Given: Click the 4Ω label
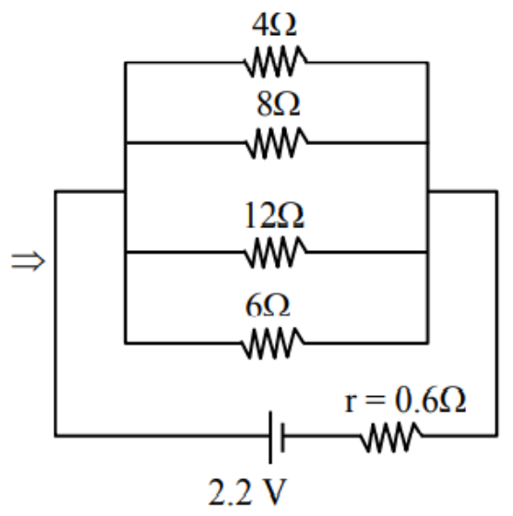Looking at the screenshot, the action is point(275,25).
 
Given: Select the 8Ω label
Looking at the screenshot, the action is point(279,104).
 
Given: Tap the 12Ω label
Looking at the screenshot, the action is point(274,216).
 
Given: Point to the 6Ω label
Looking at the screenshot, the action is point(268,306).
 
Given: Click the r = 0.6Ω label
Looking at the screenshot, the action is point(405,401).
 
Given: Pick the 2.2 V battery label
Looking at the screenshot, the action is point(248,492).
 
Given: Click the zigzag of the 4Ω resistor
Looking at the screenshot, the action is point(276,62).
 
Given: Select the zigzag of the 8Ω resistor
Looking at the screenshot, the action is point(277,143).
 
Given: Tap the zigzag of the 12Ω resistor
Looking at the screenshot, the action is point(276,252).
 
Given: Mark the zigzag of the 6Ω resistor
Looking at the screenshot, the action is point(272,343).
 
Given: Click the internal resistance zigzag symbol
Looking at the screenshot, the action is point(391,436).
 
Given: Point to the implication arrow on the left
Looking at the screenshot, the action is point(28,261).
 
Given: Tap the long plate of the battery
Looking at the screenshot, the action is point(270,438).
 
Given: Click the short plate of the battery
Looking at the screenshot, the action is point(282,438).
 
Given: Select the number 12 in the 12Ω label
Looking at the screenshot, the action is point(260,216).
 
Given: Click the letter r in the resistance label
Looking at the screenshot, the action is point(351,403).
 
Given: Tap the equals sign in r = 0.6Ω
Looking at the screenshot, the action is point(375,402).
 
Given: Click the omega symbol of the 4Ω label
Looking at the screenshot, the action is point(285,26).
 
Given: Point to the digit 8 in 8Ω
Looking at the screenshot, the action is point(265,104).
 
